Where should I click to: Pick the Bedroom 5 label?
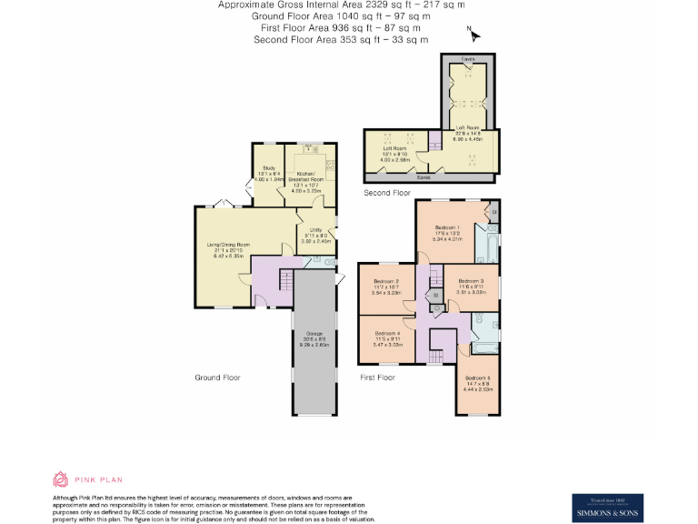[x=478, y=382]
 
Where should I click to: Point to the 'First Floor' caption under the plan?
[x=377, y=377]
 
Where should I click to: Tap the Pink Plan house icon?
[x=60, y=479]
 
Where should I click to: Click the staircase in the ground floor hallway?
[x=284, y=283]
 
